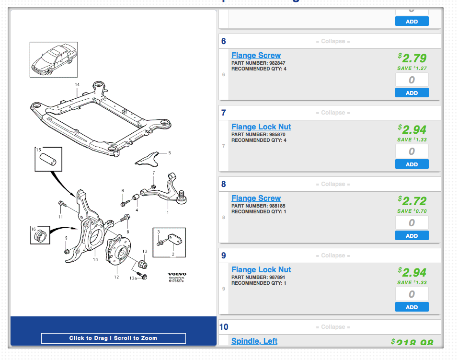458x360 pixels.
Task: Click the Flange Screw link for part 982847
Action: coord(256,56)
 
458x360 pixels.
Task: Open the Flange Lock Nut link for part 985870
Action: coord(261,127)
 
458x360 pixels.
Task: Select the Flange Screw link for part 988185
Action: coord(256,198)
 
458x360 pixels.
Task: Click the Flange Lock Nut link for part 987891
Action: coord(261,270)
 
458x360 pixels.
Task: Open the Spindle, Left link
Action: coord(254,341)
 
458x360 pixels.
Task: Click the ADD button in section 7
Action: coord(412,164)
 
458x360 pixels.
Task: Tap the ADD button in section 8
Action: coord(412,236)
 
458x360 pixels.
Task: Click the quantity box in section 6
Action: coord(412,80)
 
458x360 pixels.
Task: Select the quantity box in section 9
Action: coord(412,294)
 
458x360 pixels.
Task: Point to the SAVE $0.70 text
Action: coord(412,211)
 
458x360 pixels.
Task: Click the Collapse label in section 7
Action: coord(333,113)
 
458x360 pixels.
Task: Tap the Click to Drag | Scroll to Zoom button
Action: coord(113,338)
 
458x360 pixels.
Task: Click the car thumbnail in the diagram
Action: coord(54,59)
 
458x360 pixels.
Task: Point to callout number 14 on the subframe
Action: coord(77,84)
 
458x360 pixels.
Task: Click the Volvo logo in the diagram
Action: coord(177,274)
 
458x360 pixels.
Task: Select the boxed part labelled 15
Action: coord(48,160)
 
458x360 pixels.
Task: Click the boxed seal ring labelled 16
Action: coord(41,235)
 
